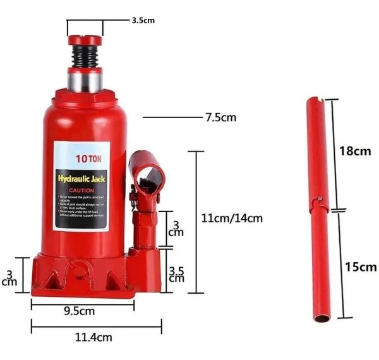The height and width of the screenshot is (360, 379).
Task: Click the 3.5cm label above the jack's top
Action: coord(143,20)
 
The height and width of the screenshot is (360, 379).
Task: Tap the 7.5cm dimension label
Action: coord(219,117)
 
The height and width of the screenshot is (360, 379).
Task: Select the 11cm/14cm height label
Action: coord(231,218)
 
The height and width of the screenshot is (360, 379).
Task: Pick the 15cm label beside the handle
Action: coord(361,267)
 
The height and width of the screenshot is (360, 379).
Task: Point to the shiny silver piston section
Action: coord(85,80)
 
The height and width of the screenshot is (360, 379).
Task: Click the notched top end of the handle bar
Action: coord(315,104)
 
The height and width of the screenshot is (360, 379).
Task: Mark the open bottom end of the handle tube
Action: coord(321,318)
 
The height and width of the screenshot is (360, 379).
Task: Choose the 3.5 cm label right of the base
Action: coord(177,273)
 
